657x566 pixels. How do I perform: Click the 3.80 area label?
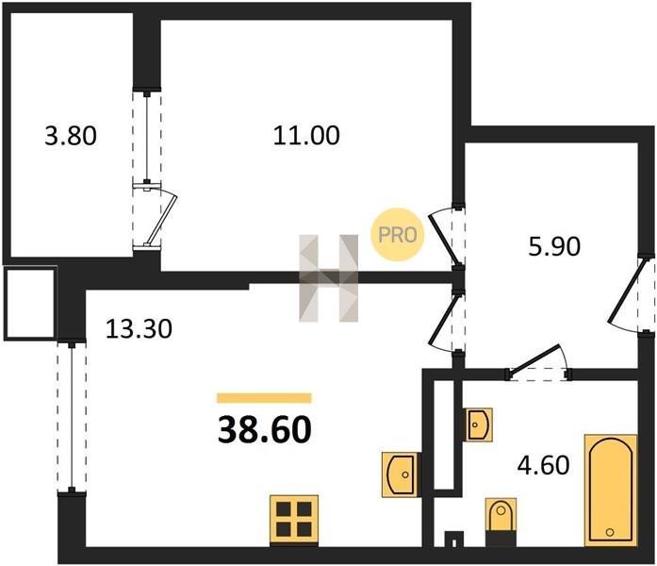click(71, 136)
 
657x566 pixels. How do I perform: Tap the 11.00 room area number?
click(306, 136)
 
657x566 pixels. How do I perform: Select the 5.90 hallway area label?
click(554, 246)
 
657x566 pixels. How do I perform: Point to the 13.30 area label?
click(139, 328)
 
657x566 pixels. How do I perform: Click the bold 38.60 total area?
click(265, 430)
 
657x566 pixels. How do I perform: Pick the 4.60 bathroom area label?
click(544, 465)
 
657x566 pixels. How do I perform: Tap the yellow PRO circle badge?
click(398, 235)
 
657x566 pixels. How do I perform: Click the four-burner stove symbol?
click(294, 521)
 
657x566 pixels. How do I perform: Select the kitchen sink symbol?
click(401, 475)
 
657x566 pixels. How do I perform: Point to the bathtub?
click(611, 491)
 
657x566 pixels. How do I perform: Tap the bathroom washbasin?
click(479, 424)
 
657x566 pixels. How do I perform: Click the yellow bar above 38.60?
click(264, 398)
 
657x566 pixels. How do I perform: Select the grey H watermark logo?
click(328, 278)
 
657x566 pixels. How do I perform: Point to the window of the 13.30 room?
click(72, 418)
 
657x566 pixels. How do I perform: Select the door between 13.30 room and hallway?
click(447, 322)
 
